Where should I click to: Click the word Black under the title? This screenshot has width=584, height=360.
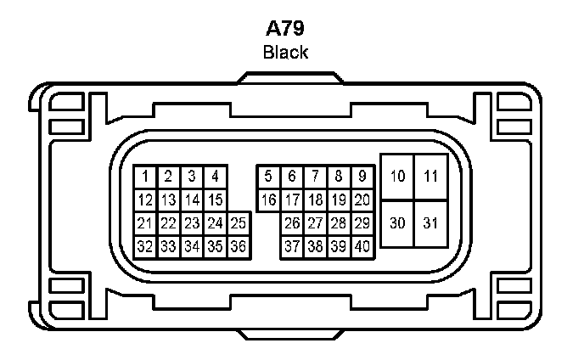[x=285, y=53]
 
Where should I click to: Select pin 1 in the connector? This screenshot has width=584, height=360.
[x=146, y=177]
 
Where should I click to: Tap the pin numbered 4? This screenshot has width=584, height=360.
[x=216, y=177]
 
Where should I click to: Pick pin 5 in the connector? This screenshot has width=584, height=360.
[x=268, y=177]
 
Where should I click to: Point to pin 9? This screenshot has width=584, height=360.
[x=362, y=177]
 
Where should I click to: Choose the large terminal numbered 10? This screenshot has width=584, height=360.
[x=397, y=177]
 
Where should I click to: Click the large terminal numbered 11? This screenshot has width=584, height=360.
[x=431, y=177]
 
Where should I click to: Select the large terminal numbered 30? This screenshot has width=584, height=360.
[x=397, y=223]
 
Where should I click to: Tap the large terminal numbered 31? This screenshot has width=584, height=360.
[x=431, y=223]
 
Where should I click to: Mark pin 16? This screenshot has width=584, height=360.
[x=268, y=200]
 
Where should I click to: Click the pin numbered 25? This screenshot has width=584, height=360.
[x=239, y=223]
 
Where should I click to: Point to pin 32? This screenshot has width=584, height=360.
[x=145, y=246]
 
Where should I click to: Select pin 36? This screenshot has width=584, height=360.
[x=239, y=246]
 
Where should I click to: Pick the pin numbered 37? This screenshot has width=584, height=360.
[x=292, y=246]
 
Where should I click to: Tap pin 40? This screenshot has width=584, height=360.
[x=362, y=246]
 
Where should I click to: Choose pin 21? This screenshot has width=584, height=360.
[x=145, y=223]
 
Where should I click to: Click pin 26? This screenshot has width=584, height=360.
[x=292, y=223]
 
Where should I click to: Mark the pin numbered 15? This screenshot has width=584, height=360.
[x=216, y=200]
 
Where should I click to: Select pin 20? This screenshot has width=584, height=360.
[x=362, y=200]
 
